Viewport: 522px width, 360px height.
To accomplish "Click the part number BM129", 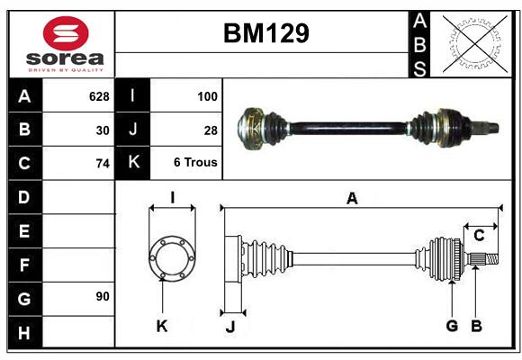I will tap(265, 33).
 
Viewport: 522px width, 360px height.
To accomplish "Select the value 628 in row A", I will tap(98, 95).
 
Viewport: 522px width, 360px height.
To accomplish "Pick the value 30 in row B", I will tap(103, 130).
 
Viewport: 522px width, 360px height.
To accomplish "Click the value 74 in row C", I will tap(103, 164).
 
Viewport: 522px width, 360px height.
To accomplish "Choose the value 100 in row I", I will tap(207, 95).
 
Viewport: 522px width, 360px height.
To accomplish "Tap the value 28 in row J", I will tap(211, 130).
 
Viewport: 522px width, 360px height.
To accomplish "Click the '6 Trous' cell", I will tap(195, 164).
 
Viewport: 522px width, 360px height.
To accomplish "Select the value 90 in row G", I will tap(103, 296).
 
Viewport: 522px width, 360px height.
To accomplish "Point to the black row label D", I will tap(24, 197).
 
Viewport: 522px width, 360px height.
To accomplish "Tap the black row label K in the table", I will tap(133, 164).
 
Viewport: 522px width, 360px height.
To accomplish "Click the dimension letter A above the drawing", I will tap(352, 198).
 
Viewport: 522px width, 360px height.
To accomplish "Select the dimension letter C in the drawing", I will tap(479, 236).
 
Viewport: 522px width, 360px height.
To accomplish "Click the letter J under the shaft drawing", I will tap(229, 326).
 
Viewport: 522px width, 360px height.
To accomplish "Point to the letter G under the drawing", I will tap(452, 326).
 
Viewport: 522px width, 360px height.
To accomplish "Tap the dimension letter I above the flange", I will tap(171, 197).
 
